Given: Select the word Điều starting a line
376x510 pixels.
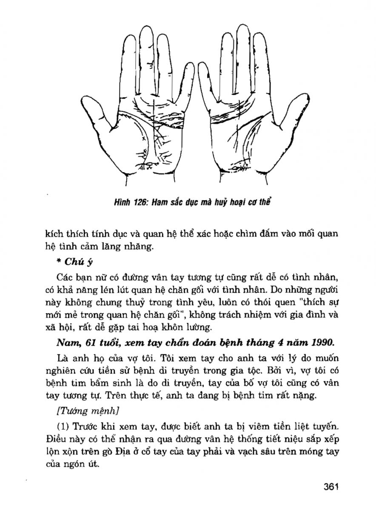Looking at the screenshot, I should (54, 438).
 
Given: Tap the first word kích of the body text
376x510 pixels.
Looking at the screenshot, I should (54, 235).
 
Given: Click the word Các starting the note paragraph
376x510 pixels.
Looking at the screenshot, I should (65, 278).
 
